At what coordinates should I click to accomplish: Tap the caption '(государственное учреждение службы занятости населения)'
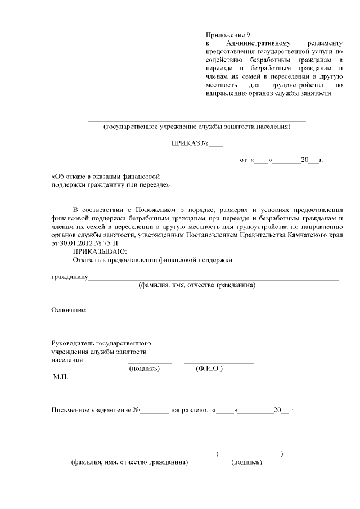(x=197, y=127)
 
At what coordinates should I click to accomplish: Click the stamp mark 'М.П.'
(x=60, y=379)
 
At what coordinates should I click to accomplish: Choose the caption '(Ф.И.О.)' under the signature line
(x=209, y=368)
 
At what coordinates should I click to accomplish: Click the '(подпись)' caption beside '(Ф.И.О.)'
(x=145, y=368)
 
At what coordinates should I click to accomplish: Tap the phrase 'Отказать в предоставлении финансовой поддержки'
(x=152, y=260)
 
